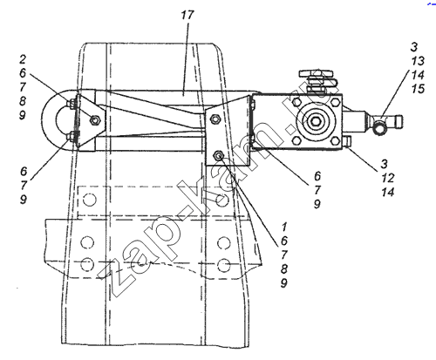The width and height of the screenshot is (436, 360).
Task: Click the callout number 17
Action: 187,15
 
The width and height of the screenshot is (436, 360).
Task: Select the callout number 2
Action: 23,59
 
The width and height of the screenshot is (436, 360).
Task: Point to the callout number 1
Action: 284,227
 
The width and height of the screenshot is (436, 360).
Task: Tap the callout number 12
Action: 388,178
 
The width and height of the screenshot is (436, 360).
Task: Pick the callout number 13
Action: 418,61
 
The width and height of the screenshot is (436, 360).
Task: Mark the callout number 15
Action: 418,89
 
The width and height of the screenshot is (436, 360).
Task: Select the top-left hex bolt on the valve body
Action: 296,102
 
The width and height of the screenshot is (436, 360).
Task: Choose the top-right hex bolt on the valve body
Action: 334,102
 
